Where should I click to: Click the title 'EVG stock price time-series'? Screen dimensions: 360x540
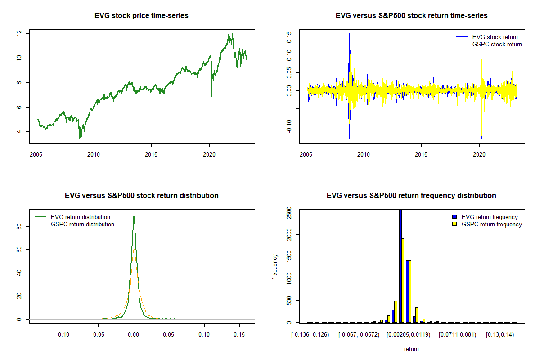click(141, 16)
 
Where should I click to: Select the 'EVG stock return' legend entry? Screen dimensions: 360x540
click(495, 37)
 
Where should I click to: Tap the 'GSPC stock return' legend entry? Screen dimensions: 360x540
click(497, 45)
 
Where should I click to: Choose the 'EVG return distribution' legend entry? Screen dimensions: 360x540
click(80, 217)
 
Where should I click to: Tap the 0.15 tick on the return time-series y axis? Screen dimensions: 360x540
click(289, 37)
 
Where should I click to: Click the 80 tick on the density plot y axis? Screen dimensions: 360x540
click(19, 228)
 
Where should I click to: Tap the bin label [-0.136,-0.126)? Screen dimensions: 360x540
click(310, 335)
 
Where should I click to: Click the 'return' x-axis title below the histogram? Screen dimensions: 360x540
click(411, 349)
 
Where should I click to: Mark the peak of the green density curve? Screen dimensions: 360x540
click(134, 216)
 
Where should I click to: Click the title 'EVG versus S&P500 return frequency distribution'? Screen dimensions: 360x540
click(411, 196)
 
